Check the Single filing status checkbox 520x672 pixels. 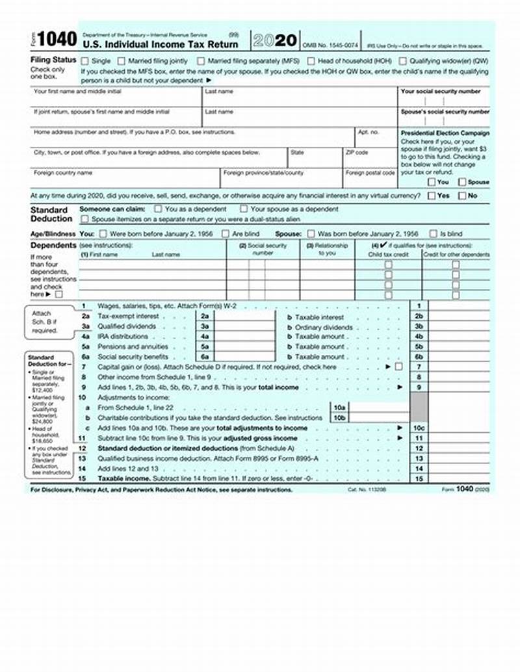pos(84,60)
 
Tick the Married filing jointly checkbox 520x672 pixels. pos(121,60)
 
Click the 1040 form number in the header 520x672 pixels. pos(58,40)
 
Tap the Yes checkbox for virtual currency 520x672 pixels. pos(432,195)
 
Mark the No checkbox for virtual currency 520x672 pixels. pos(462,195)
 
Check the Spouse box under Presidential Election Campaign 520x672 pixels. pos(462,183)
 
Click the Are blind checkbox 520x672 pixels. pos(226,233)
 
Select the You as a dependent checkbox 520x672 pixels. pos(158,209)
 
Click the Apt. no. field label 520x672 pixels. pos(368,132)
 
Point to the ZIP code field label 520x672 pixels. pos(357,153)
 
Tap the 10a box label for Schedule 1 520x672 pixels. pos(339,407)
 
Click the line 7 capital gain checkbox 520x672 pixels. pos(398,367)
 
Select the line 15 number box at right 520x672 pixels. pos(419,479)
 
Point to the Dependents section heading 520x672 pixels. pos(53,246)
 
